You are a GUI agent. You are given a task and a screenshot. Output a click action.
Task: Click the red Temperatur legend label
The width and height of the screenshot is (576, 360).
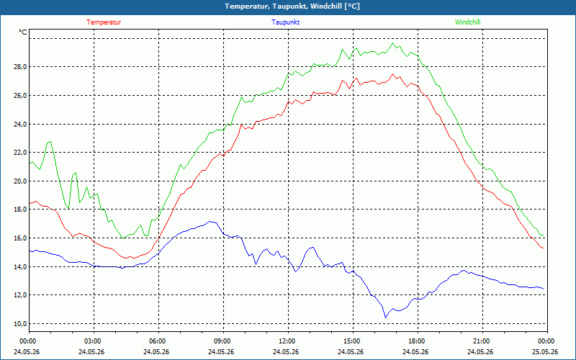pos(104,22)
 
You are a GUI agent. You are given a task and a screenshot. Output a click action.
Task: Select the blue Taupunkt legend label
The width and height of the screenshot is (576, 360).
pos(285,22)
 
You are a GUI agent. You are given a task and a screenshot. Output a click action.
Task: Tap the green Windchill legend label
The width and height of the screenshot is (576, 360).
pos(467,22)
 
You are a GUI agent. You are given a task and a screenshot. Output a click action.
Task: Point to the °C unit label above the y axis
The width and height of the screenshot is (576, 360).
pos(23,32)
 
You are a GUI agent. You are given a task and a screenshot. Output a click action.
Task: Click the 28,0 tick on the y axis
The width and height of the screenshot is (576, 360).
pos(21,67)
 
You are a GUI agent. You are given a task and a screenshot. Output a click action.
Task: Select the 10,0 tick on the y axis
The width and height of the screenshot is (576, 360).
pos(21,323)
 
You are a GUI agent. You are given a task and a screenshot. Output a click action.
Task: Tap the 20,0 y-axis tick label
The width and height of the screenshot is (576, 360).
pos(21,181)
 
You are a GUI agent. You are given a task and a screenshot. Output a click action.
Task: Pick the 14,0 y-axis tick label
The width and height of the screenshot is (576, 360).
pos(21,266)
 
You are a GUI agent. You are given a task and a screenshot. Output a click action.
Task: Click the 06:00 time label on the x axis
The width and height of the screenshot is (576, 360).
pos(158,341)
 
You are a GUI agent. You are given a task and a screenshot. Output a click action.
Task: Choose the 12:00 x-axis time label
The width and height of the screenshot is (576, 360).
pos(288,341)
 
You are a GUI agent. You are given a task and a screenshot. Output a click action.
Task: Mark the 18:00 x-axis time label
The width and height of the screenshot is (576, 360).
pos(418,341)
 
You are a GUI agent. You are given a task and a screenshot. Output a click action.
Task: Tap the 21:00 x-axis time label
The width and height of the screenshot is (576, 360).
pos(482,341)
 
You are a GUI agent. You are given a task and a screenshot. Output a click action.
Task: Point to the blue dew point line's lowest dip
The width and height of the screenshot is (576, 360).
pos(385,318)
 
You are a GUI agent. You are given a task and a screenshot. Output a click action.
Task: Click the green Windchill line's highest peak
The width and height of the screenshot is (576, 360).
pos(392,43)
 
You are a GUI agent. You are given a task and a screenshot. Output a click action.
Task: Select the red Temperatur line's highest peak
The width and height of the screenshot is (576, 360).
pos(392,74)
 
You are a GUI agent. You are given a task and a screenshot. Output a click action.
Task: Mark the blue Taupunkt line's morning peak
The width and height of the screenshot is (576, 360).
pos(210,222)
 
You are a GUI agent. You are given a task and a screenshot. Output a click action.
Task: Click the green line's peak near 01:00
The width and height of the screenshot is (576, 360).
pos(50,141)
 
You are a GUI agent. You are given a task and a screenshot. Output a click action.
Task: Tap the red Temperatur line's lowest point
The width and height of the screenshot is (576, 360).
pos(126,258)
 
